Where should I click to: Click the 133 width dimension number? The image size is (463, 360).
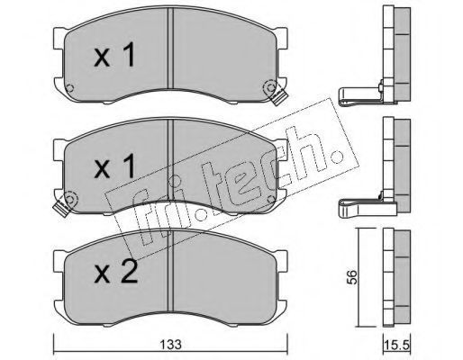click(170, 345)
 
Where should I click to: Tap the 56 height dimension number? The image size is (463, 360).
click(352, 277)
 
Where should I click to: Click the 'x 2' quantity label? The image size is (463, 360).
click(115, 272)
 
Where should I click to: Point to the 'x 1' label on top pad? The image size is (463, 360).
click(114, 54)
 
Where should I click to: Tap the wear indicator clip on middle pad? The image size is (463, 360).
click(62, 206)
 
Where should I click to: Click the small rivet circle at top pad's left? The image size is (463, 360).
click(69, 88)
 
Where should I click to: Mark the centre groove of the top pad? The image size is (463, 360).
click(170, 48)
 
